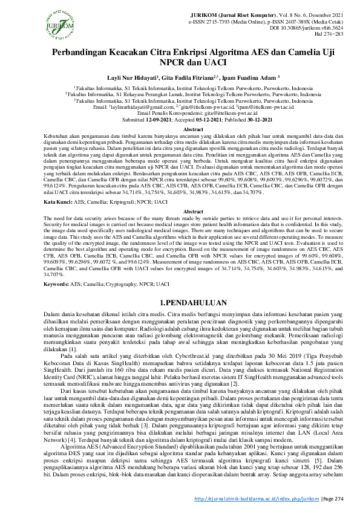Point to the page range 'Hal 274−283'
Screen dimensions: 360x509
pos(329,34)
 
